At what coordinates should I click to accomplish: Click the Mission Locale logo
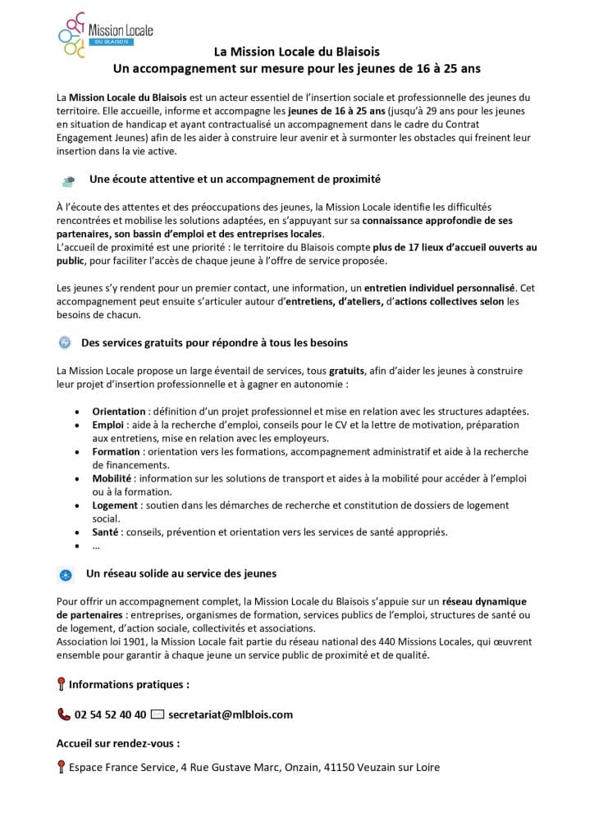pyautogui.click(x=105, y=35)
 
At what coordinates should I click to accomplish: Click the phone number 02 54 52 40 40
pyautogui.click(x=110, y=714)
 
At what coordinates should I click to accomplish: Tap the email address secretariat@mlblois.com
pyautogui.click(x=230, y=714)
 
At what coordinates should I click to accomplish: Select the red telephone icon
pyautogui.click(x=64, y=714)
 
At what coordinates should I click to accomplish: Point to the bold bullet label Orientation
pyautogui.click(x=119, y=411)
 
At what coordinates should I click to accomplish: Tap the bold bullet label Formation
pyautogui.click(x=116, y=451)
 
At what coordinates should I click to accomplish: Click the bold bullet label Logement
pyautogui.click(x=115, y=504)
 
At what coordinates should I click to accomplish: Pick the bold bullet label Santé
pyautogui.click(x=107, y=532)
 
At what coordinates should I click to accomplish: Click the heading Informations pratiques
pyautogui.click(x=129, y=683)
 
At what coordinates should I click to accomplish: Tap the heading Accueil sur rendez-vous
pyautogui.click(x=118, y=743)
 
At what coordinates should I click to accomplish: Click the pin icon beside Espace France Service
pyautogui.click(x=62, y=768)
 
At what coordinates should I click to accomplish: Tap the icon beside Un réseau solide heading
pyautogui.click(x=66, y=574)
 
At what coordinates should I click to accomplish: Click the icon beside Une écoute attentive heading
pyautogui.click(x=69, y=180)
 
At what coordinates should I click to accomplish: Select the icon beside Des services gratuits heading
pyautogui.click(x=65, y=342)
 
